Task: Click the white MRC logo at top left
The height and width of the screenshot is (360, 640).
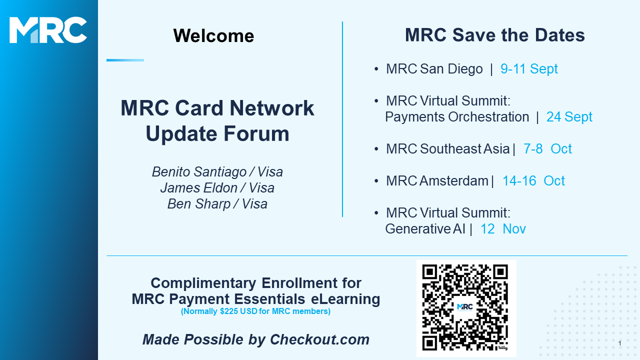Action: coord(48,30)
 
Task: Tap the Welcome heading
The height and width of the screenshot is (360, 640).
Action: coord(213,35)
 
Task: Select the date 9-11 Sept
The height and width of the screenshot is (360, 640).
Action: coord(529,68)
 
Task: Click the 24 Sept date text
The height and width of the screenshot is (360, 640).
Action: coord(569,116)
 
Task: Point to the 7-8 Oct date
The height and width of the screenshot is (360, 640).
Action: coord(547,148)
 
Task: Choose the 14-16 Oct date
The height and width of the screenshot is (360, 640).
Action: coord(533,180)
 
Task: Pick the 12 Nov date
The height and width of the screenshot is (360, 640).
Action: coord(503,228)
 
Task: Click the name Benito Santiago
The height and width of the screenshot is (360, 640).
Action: coord(199,171)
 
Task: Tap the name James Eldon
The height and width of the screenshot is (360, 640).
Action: coord(199,187)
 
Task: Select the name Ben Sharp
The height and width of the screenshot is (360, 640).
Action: coord(199,203)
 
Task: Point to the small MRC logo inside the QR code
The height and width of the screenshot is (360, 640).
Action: coord(465,307)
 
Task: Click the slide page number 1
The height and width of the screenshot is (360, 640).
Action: coord(619,343)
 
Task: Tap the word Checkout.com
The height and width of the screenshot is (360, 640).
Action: coord(319,339)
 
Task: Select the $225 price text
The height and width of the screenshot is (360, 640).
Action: coord(229,311)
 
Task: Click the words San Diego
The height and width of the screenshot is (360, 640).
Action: coord(451,68)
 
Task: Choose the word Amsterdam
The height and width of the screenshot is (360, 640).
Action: coord(454,180)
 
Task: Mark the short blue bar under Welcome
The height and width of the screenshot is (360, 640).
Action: coord(125,60)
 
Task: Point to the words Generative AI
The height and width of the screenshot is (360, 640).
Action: coord(425,228)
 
